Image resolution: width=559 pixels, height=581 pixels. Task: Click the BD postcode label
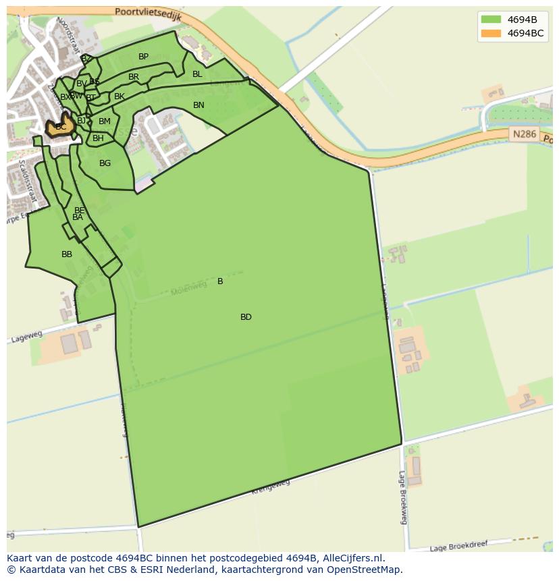click(x=246, y=317)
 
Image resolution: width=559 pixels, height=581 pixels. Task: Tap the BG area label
click(x=105, y=163)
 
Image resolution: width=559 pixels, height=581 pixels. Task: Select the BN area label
click(x=198, y=105)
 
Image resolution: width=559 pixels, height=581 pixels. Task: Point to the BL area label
click(x=197, y=74)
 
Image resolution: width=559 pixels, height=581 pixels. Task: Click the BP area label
click(x=143, y=57)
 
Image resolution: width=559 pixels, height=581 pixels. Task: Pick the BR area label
click(x=134, y=77)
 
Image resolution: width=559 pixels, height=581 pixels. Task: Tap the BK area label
click(x=119, y=96)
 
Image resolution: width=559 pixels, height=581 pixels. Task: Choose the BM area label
click(x=105, y=121)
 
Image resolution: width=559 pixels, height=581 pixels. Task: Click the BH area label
click(x=98, y=138)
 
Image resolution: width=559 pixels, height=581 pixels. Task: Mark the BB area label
click(x=67, y=254)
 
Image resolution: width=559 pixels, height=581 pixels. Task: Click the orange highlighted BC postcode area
click(x=60, y=127)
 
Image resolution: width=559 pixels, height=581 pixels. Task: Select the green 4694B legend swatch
click(x=491, y=20)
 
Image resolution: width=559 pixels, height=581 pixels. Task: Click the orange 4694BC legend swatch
click(x=491, y=33)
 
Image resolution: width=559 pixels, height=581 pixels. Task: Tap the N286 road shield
click(x=524, y=134)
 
